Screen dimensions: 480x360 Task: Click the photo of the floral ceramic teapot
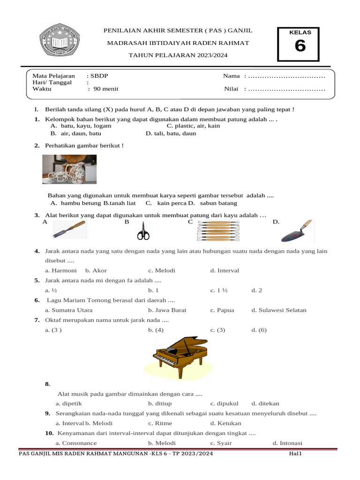click(69, 169)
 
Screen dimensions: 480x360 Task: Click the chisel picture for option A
click(69, 229)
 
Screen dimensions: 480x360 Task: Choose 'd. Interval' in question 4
click(225, 270)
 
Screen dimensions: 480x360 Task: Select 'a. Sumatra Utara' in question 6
click(68, 310)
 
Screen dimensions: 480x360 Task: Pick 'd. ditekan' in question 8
click(265, 403)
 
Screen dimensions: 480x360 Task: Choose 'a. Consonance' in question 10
click(76, 443)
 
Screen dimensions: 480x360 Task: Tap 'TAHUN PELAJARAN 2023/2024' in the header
click(178, 56)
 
